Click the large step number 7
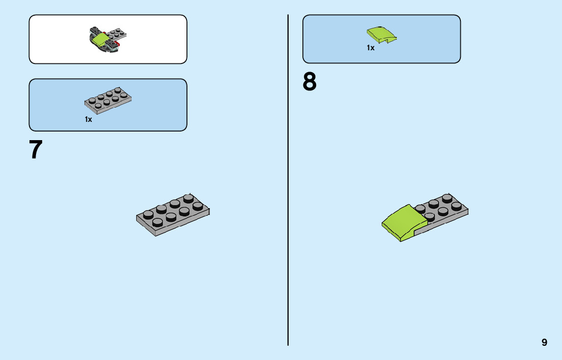(x=36, y=150)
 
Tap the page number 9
(x=544, y=342)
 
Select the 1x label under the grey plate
(x=88, y=120)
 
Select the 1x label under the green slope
(x=370, y=48)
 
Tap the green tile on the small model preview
(x=100, y=40)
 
